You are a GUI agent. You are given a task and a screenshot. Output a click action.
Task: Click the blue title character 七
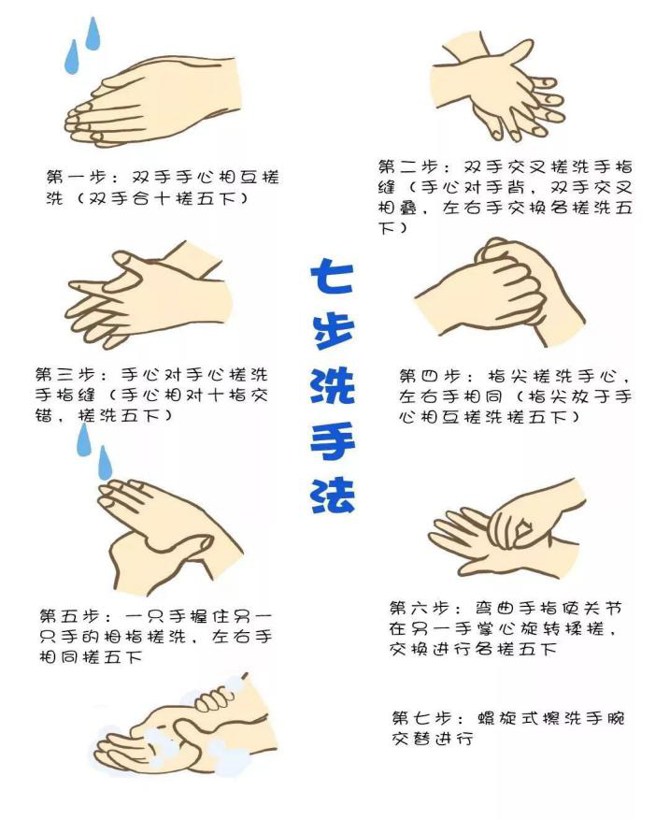tap(332, 275)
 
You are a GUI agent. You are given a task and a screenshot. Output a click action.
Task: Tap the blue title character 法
tap(333, 495)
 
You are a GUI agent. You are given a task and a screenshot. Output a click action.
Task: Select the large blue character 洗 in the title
tap(333, 385)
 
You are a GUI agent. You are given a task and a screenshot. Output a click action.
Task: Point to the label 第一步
tap(76, 177)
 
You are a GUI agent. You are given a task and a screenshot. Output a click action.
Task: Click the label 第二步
tap(408, 166)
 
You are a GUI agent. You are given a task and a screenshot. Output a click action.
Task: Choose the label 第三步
tap(65, 374)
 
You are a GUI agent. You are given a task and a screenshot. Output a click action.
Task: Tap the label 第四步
tap(429, 376)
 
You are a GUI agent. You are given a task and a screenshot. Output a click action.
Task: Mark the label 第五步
tap(69, 615)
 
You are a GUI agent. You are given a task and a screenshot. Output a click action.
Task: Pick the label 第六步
tap(420, 608)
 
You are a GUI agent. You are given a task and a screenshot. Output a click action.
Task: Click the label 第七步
tap(421, 717)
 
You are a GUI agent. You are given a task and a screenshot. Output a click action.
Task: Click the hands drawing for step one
tap(152, 100)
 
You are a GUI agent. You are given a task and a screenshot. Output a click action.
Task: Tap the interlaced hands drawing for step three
tap(149, 295)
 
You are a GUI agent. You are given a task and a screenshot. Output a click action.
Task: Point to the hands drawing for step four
tap(500, 292)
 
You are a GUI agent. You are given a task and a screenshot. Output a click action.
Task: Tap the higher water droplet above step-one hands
tap(93, 34)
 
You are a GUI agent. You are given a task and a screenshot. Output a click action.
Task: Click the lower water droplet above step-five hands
tap(105, 463)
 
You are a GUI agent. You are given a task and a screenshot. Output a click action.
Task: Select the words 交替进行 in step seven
tap(433, 739)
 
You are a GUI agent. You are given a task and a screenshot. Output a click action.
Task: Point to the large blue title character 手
tap(333, 440)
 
